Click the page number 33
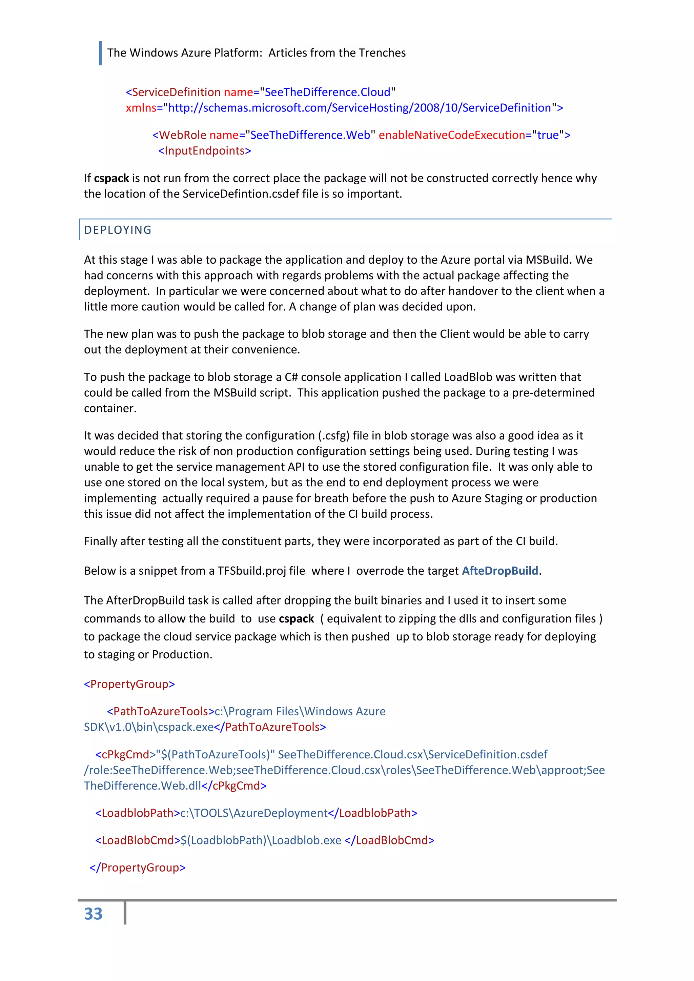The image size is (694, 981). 93,914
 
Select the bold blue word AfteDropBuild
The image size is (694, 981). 499,571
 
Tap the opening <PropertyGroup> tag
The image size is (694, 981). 129,684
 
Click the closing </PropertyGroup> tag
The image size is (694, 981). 137,867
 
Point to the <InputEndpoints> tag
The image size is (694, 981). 204,151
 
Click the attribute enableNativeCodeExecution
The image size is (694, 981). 452,135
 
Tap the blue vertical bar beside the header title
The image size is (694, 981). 100,53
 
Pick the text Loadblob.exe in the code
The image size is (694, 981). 306,840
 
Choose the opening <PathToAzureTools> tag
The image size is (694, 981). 160,711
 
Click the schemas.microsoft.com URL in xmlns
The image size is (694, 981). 359,108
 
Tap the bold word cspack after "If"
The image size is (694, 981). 111,178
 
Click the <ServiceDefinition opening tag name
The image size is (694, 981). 173,92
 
